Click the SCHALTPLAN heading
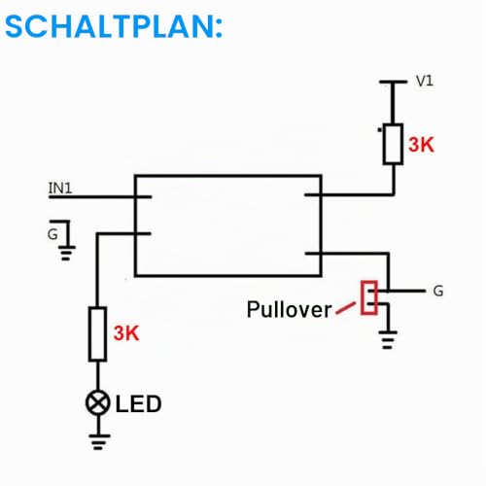(114, 26)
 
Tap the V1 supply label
(425, 81)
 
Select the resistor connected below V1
(393, 144)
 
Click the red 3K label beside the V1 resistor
(421, 145)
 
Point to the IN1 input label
(60, 188)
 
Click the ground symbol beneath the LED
(98, 441)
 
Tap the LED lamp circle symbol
(98, 403)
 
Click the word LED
(138, 403)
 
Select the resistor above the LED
(97, 333)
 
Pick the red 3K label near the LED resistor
(126, 332)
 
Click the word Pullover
(289, 309)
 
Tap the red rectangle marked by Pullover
(369, 297)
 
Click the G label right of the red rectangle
(438, 291)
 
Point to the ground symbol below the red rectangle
(388, 339)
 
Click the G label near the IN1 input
(52, 234)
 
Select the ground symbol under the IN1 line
(66, 253)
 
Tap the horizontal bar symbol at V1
(393, 83)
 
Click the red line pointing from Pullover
(345, 308)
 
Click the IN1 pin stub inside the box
(143, 196)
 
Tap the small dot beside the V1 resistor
(379, 130)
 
